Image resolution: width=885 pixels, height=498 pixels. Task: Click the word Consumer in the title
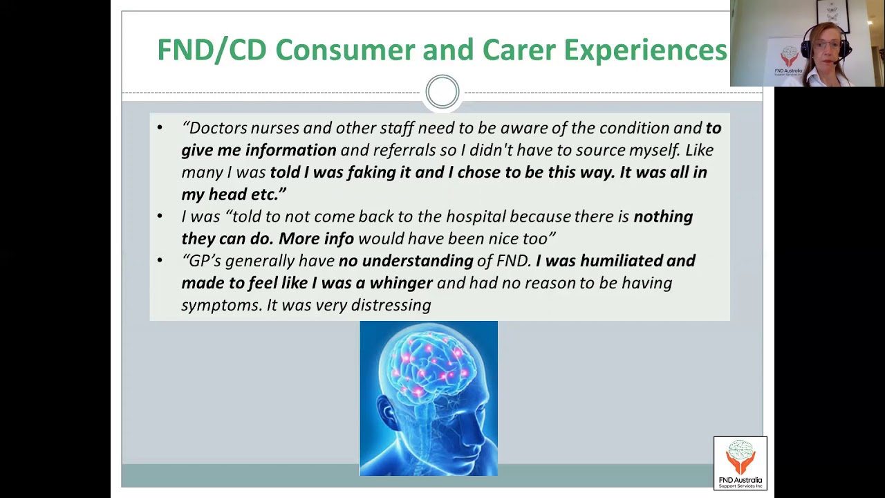pos(345,50)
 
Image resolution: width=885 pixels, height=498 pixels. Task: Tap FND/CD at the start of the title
pos(212,50)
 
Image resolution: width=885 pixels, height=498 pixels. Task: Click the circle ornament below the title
pos(442,91)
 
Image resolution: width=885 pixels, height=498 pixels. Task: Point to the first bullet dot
pos(160,128)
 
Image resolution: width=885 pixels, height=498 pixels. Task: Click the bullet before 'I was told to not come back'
pos(160,216)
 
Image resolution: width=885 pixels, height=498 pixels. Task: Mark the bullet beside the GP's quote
pos(160,261)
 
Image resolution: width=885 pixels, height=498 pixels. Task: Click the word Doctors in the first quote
pos(217,128)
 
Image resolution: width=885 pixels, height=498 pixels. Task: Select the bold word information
pos(290,150)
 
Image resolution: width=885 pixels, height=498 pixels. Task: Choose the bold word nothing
pos(663,216)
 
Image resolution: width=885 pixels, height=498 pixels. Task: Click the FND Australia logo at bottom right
pos(740,463)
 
